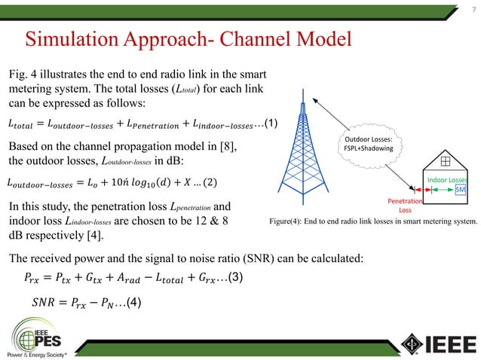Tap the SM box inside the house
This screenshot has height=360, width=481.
point(460,191)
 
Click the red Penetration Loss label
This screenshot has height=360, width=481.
point(404,206)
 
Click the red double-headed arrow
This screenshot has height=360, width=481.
point(420,189)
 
